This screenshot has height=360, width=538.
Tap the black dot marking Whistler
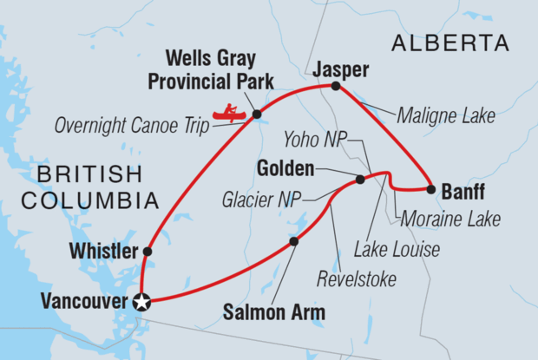[x=147, y=252]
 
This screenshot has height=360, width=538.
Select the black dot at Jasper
[x=336, y=86]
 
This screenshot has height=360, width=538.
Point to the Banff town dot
[x=430, y=189]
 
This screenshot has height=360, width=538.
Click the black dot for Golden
[x=360, y=180]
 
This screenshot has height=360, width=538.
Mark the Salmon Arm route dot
[x=293, y=241]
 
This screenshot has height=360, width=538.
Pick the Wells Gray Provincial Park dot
[x=257, y=113]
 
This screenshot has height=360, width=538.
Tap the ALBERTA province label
[x=449, y=43]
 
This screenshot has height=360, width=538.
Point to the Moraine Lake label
[x=448, y=219]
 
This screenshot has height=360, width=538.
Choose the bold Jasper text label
[x=335, y=68]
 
